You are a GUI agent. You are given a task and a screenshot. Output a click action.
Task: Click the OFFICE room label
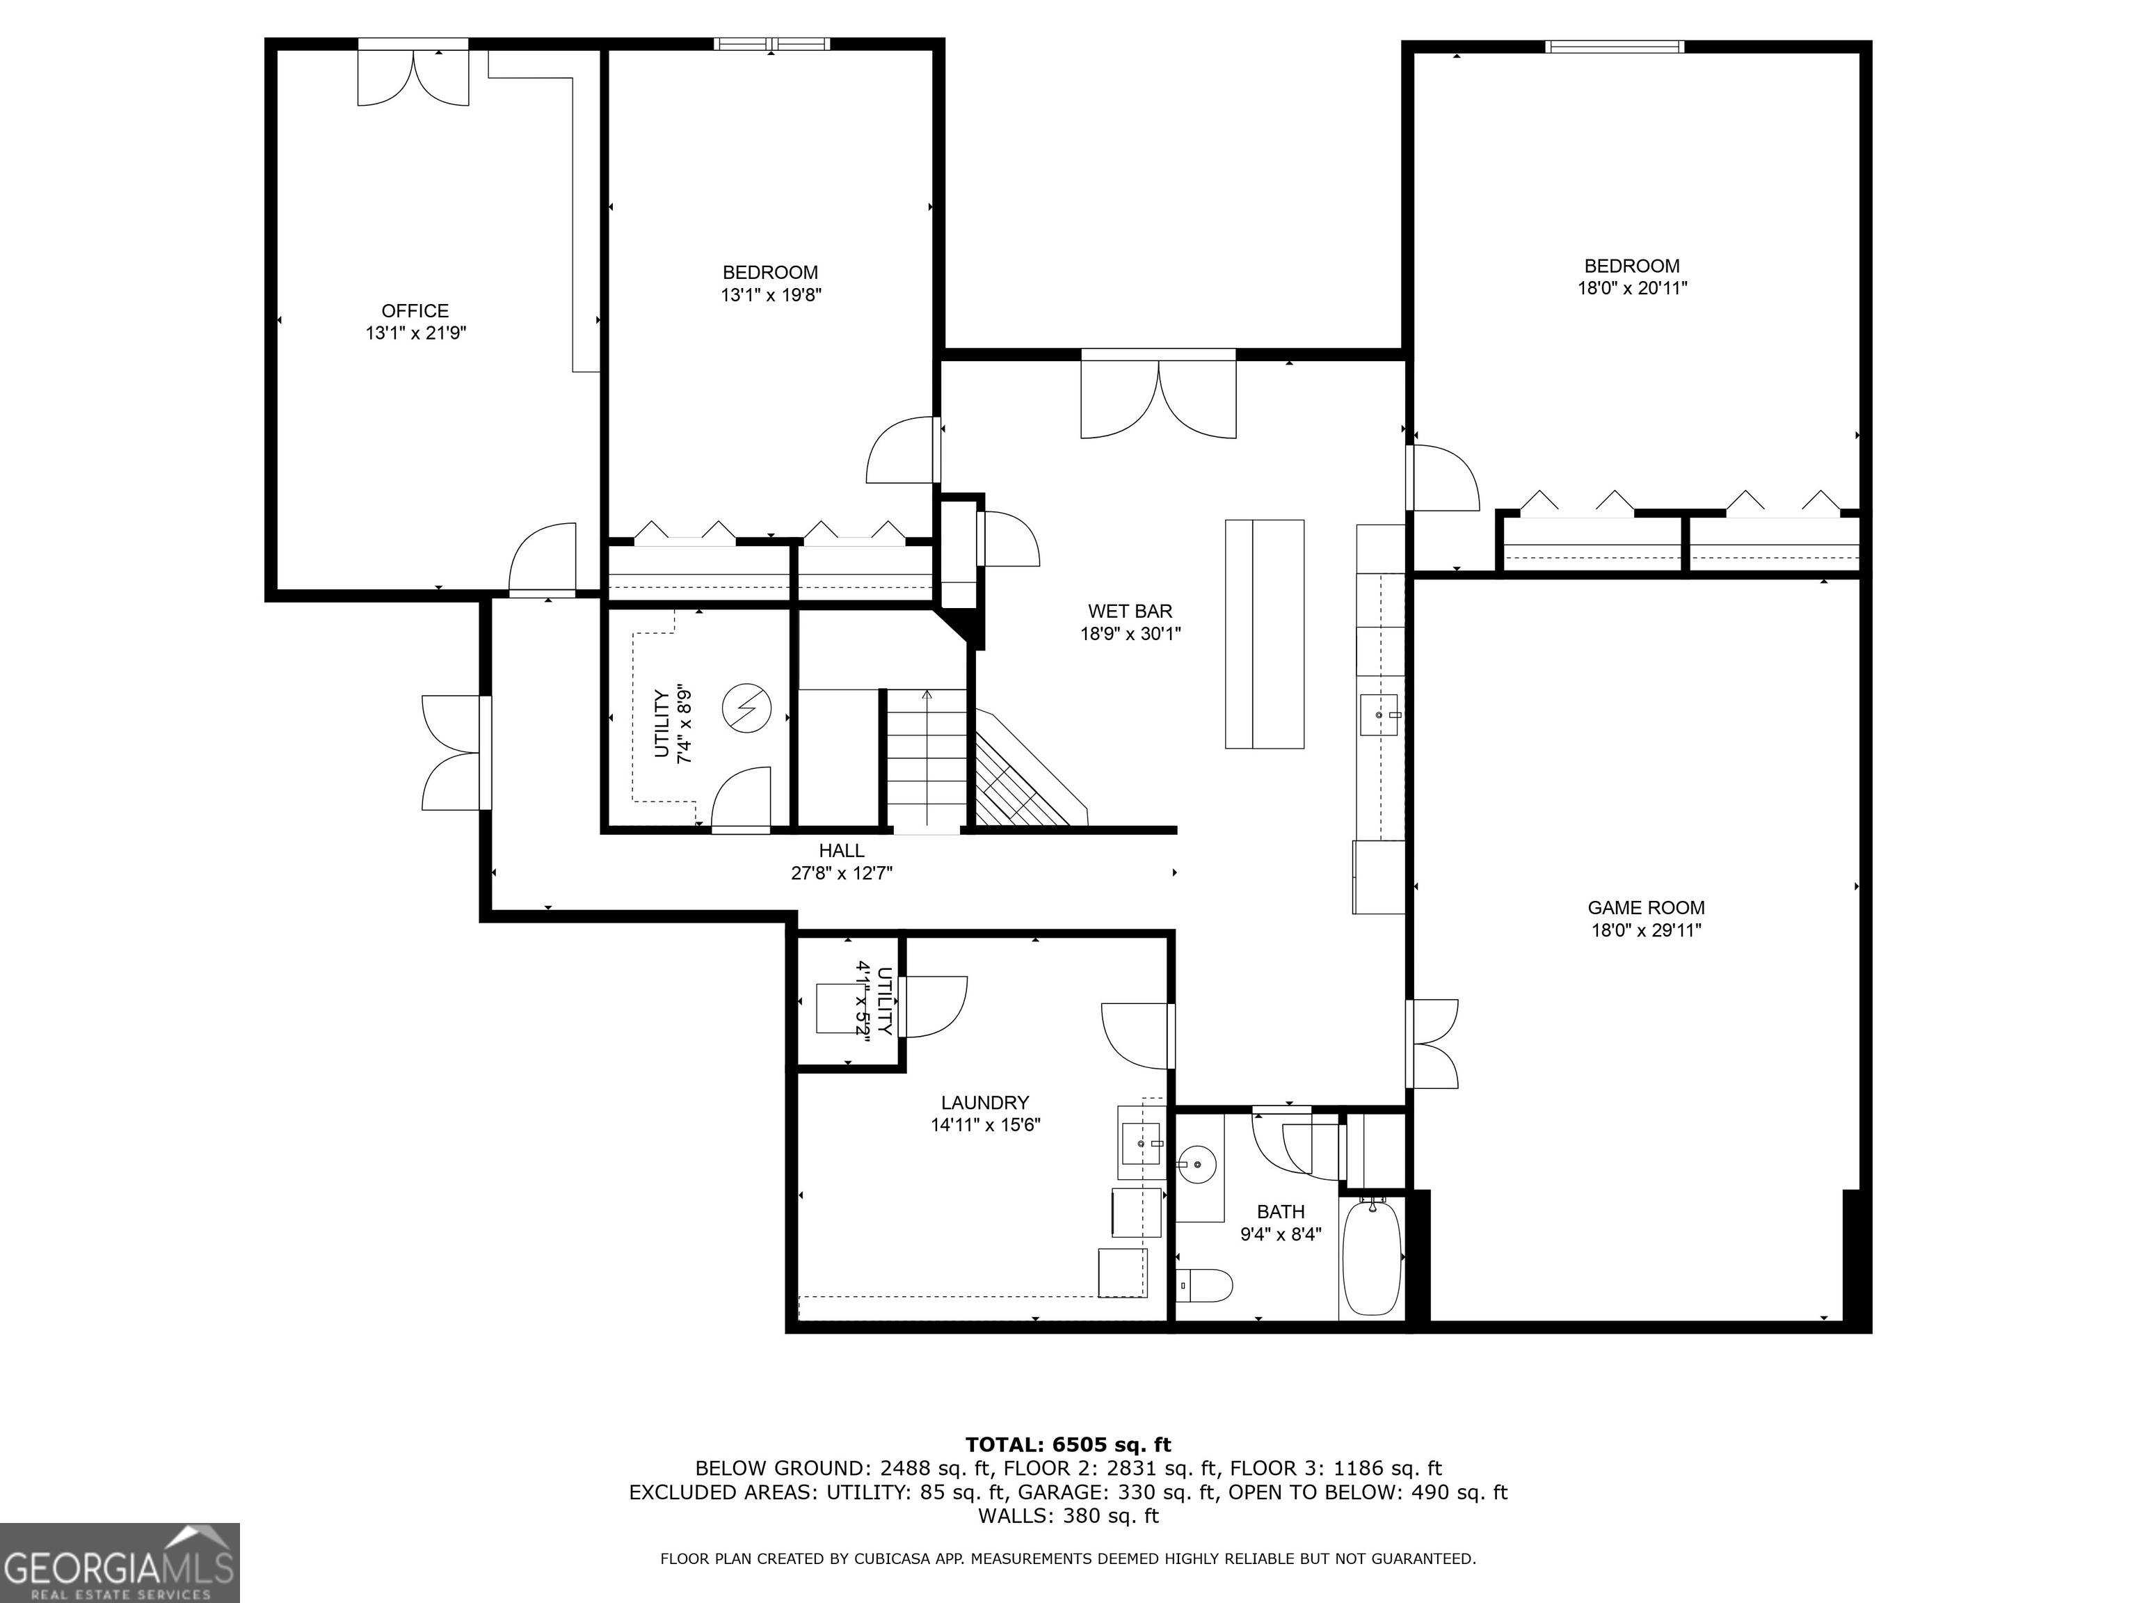(415, 311)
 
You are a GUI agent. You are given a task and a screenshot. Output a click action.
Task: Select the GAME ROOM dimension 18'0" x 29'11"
(1646, 930)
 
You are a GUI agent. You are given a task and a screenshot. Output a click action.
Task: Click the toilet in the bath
(1208, 1286)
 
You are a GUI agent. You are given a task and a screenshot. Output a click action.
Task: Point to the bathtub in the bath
(1372, 1256)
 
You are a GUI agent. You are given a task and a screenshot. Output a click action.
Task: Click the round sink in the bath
(1198, 1163)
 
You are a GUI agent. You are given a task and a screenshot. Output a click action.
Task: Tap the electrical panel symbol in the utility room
(747, 708)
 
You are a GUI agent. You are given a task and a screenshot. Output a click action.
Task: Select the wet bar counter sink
(1379, 715)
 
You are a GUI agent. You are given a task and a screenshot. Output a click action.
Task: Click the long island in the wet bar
(1265, 634)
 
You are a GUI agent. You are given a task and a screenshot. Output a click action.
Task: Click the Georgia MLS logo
(119, 1563)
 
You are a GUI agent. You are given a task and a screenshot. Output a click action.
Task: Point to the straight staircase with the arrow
(927, 758)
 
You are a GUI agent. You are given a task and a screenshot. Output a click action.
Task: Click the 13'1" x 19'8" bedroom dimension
(771, 295)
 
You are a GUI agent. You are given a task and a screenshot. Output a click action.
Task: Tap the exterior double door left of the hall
(454, 753)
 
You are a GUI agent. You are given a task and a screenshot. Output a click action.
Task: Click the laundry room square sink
(1141, 1143)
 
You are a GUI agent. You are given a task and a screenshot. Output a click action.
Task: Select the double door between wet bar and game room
(1434, 1044)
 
